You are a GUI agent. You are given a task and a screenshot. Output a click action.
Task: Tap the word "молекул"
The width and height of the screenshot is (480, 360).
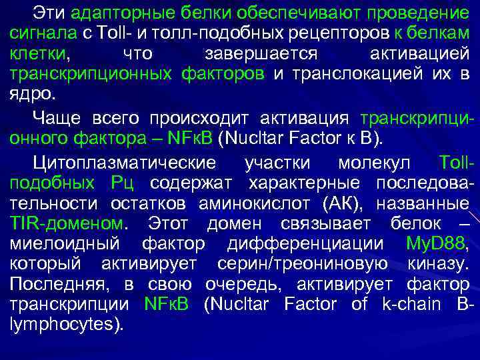373,163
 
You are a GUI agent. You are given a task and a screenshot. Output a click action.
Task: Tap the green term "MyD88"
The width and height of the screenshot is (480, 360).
436,244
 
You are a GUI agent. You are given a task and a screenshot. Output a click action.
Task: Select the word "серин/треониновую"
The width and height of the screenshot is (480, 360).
303,264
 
